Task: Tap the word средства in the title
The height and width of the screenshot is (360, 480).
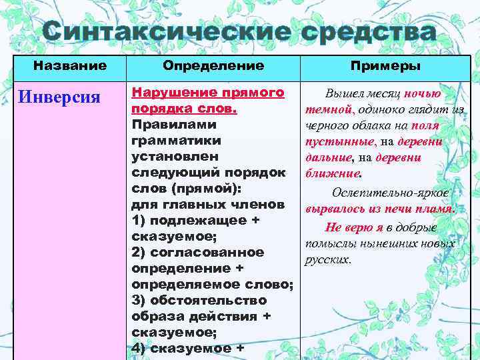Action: click(360, 32)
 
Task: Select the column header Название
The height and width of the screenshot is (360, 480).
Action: click(70, 66)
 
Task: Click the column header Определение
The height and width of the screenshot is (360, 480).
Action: click(213, 66)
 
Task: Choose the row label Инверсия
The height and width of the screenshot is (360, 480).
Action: click(60, 96)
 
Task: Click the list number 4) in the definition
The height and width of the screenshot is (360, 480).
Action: click(139, 347)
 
